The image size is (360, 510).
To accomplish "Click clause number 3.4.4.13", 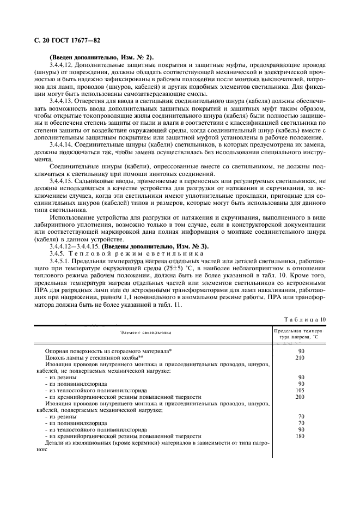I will pos(64,101).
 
